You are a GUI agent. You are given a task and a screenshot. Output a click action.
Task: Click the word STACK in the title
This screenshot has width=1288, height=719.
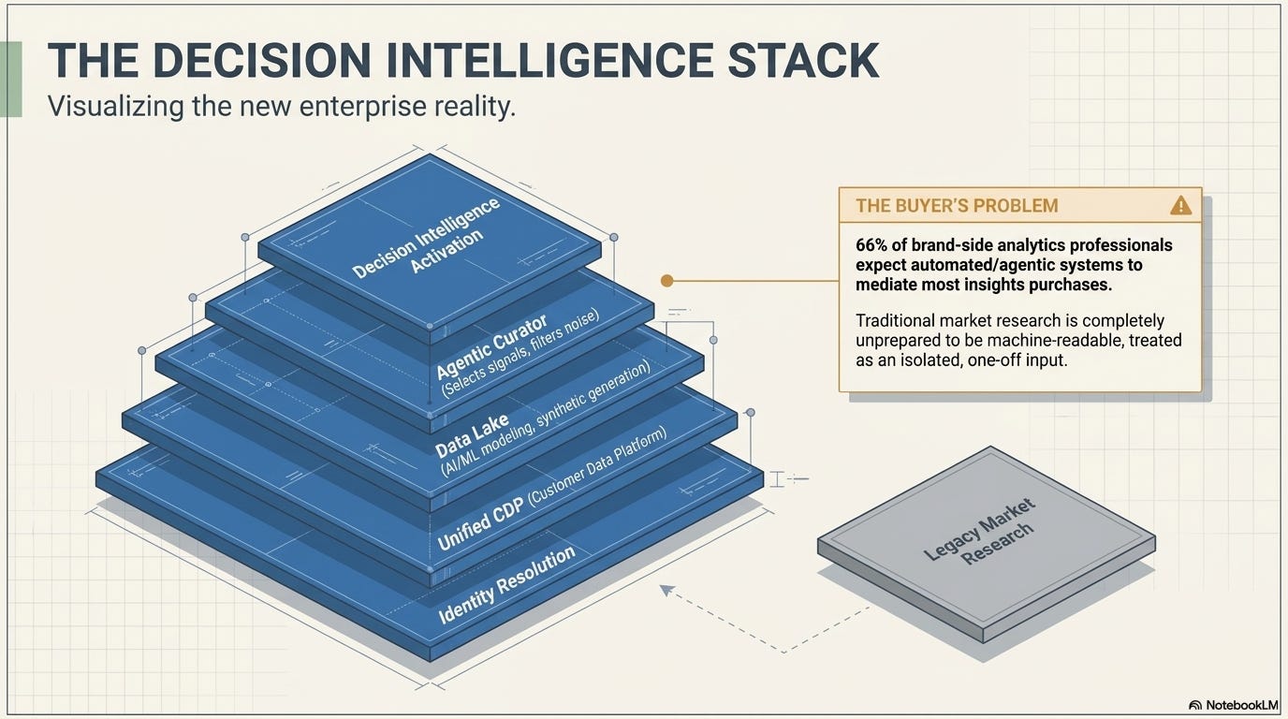pyautogui.click(x=803, y=60)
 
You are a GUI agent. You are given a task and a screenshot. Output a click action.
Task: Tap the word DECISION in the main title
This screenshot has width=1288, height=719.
pyautogui.click(x=262, y=60)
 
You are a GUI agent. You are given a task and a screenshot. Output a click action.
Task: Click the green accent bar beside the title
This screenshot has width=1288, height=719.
pyautogui.click(x=11, y=79)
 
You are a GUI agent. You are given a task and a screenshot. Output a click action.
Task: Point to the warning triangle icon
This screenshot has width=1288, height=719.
pyautogui.click(x=1180, y=205)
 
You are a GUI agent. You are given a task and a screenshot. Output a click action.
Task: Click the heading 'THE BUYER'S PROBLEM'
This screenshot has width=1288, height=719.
pyautogui.click(x=957, y=205)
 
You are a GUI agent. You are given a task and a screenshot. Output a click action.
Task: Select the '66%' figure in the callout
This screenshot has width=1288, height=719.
pyautogui.click(x=873, y=245)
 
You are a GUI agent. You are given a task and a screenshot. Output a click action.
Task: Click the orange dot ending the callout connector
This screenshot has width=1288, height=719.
pyautogui.click(x=667, y=281)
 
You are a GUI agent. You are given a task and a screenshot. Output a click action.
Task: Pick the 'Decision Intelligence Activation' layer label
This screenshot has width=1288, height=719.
pyautogui.click(x=426, y=240)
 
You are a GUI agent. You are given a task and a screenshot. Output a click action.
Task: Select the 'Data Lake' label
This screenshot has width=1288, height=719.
pyautogui.click(x=472, y=435)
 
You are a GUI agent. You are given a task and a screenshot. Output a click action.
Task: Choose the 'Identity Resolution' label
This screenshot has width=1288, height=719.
pyautogui.click(x=506, y=584)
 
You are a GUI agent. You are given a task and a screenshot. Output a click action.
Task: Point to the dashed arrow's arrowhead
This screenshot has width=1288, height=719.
pyautogui.click(x=666, y=590)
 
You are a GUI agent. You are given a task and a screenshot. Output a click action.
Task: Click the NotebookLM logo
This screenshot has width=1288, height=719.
pyautogui.click(x=1233, y=705)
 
